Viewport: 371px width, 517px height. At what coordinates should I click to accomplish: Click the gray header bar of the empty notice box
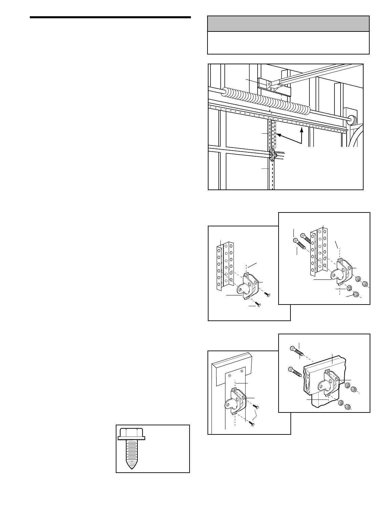pos(288,24)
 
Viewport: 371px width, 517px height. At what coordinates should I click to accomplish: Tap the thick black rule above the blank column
pos(110,17)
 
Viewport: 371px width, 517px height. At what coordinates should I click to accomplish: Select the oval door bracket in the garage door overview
pos(272,155)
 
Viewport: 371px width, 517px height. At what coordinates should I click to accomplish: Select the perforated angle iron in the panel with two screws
pos(224,264)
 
